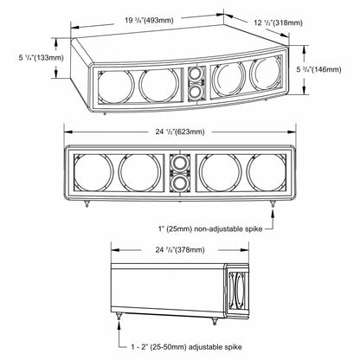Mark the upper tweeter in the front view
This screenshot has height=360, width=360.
(x=181, y=163)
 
